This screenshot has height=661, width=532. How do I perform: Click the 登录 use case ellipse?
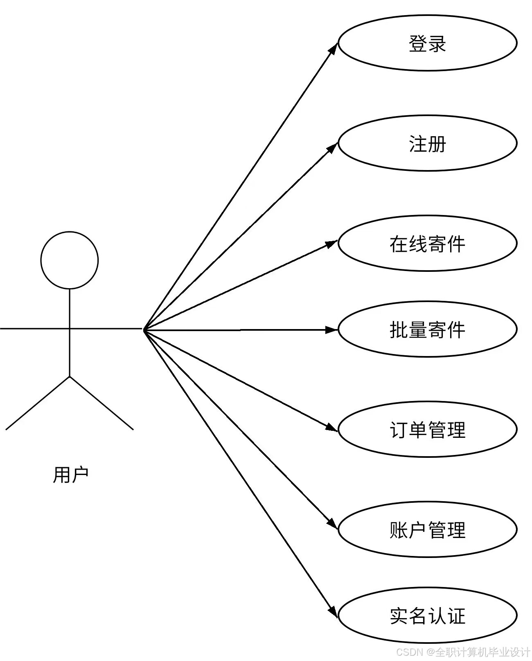[427, 43]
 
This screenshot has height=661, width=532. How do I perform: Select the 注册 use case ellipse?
[427, 143]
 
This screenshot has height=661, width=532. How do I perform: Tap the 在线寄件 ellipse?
[427, 244]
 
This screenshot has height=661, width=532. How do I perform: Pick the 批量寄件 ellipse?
[427, 329]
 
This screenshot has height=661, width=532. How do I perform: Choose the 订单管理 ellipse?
[427, 430]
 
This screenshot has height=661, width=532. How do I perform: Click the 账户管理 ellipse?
[427, 530]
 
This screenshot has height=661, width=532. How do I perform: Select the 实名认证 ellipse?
[427, 616]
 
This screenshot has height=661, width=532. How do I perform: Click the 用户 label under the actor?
[70, 475]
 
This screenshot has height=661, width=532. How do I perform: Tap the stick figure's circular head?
[70, 260]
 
